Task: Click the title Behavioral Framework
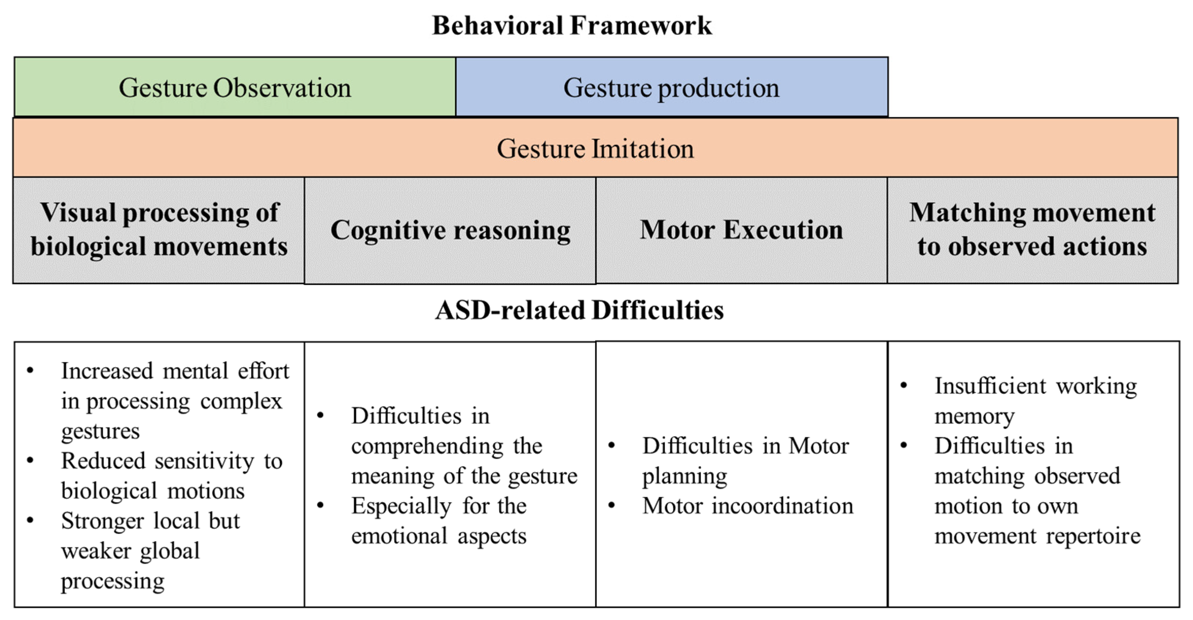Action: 572,25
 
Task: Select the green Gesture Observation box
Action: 235,87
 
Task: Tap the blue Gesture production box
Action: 671,87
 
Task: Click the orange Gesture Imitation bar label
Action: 595,148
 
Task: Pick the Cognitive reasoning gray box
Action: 450,230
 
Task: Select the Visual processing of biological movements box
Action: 159,229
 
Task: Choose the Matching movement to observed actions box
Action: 1032,229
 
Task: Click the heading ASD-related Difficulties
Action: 579,310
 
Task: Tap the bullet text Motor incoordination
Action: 747,506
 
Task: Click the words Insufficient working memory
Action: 1035,400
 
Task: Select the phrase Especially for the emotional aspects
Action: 439,520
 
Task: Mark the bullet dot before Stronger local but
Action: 30,520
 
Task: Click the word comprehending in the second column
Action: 427,446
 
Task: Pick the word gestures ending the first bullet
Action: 100,431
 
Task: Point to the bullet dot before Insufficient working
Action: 903,386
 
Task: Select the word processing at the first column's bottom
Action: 113,581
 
